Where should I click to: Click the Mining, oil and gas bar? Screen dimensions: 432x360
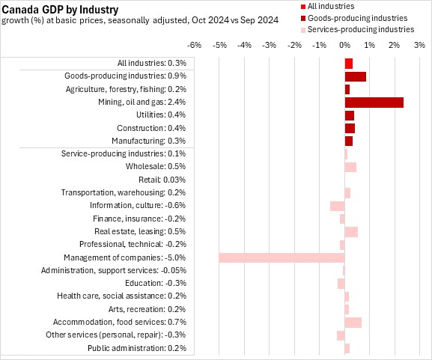click(374, 103)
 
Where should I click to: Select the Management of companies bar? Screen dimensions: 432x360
click(282, 257)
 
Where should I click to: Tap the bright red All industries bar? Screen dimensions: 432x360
click(349, 64)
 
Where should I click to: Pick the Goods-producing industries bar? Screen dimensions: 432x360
click(356, 76)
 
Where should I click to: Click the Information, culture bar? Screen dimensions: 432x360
click(338, 206)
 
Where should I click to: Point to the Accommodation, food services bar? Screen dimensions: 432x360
click(353, 323)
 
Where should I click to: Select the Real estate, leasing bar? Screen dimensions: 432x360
click(351, 232)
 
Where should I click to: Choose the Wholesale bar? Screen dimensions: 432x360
click(350, 167)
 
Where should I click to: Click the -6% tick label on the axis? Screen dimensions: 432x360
click(194, 45)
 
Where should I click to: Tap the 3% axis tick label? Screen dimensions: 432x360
click(419, 45)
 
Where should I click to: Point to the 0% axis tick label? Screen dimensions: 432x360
click(344, 45)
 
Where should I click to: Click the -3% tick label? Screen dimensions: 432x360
click(270, 45)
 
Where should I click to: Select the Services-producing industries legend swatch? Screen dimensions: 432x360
click(303, 30)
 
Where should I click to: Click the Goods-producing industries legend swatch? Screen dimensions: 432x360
click(303, 18)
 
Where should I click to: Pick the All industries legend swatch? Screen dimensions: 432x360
click(303, 6)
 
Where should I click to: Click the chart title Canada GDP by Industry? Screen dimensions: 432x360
click(60, 10)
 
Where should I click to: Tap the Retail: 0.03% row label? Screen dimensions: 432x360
click(162, 180)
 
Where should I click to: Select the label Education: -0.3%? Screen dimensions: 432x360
click(156, 283)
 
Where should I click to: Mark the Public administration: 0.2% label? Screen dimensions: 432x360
click(137, 348)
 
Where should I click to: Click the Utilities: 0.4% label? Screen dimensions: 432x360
click(161, 115)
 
